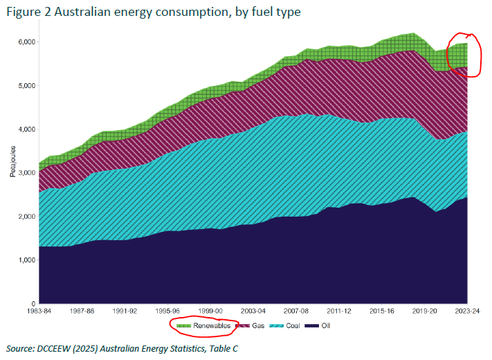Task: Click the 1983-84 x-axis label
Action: click(40, 312)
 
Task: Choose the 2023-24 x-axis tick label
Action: click(467, 312)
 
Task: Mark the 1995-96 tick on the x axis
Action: click(168, 312)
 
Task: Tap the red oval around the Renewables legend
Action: click(200, 325)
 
